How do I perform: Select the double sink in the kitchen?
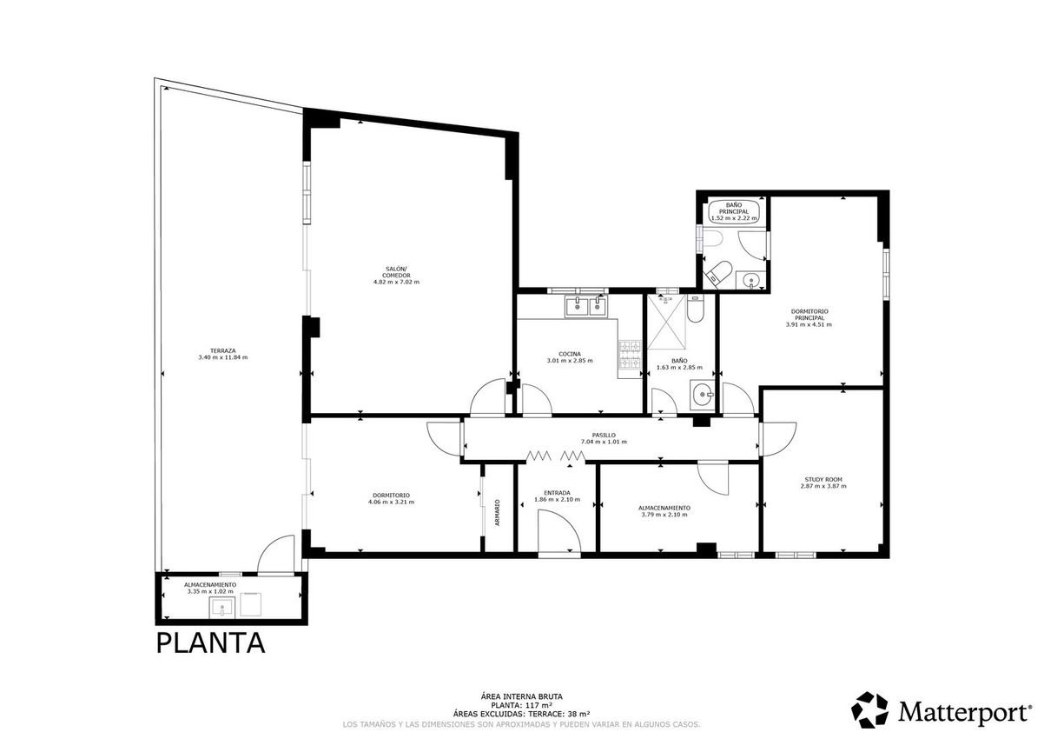[586, 305]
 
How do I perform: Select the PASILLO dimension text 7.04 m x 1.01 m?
[604, 442]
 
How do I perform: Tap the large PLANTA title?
[210, 642]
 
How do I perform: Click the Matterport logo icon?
[869, 709]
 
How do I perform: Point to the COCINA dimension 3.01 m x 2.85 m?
[570, 361]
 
